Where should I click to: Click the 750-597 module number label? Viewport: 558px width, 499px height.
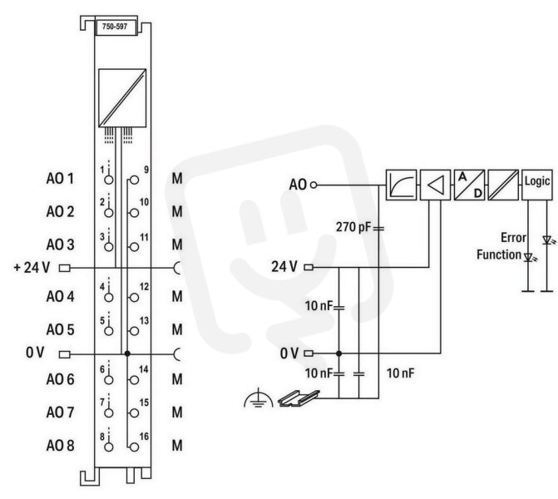click(x=115, y=27)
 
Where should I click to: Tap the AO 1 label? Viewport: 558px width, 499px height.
click(x=60, y=178)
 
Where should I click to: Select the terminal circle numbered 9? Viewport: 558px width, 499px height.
click(x=134, y=180)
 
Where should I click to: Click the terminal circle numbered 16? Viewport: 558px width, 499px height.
click(x=134, y=447)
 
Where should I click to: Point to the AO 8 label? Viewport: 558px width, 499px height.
click(x=60, y=446)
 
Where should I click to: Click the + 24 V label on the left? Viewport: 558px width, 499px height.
click(x=32, y=267)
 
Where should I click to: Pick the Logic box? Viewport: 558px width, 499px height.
click(x=537, y=185)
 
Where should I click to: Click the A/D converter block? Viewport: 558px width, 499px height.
click(x=469, y=185)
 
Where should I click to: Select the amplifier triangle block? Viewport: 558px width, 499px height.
click(x=435, y=185)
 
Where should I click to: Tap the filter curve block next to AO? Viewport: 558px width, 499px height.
click(x=401, y=185)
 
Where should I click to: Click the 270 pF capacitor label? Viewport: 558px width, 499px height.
click(x=353, y=227)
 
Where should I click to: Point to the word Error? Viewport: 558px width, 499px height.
click(x=513, y=237)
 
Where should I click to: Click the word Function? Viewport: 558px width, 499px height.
click(x=499, y=254)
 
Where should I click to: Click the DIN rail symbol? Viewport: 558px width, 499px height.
click(x=299, y=398)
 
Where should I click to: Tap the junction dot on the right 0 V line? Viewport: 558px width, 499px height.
click(x=338, y=353)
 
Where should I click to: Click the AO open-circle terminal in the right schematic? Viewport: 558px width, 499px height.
click(x=314, y=185)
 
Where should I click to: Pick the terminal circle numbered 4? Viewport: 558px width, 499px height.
click(x=109, y=298)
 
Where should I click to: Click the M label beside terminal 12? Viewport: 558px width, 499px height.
click(x=177, y=296)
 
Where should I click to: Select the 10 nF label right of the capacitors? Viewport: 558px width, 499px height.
click(x=400, y=373)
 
